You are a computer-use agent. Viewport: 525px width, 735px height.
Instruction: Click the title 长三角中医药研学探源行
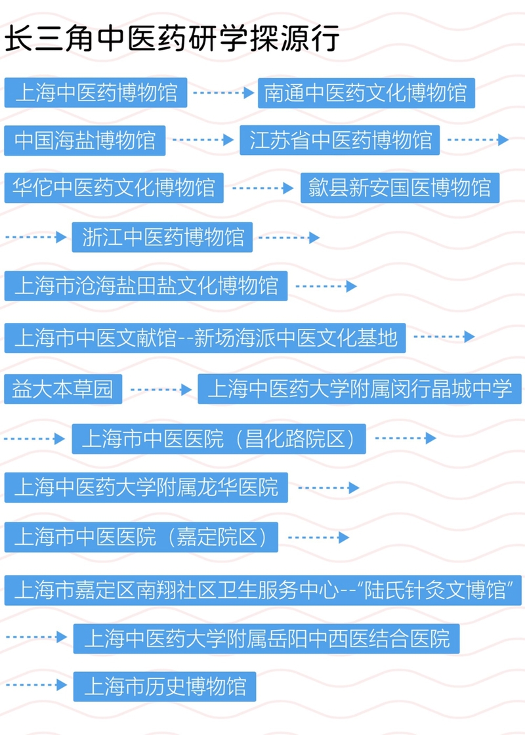172,39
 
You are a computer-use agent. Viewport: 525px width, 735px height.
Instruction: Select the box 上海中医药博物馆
96,93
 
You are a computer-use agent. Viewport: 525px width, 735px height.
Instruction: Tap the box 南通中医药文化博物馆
366,93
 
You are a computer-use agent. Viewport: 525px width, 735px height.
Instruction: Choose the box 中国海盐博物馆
85,140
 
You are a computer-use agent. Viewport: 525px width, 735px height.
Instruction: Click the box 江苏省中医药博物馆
340,140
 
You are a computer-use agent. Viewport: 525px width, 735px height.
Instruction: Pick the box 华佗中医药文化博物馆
114,188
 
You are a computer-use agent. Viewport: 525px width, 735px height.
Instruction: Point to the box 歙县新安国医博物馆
400,188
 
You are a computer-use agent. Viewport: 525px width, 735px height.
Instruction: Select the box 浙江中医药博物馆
163,237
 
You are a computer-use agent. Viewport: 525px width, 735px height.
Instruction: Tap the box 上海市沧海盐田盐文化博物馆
146,286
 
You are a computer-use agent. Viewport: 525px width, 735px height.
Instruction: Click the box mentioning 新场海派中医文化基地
205,337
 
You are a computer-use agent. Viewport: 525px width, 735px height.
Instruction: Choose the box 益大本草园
63,389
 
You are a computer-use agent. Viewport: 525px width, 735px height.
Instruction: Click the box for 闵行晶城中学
360,389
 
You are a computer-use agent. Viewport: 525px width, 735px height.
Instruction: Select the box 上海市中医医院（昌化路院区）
219,438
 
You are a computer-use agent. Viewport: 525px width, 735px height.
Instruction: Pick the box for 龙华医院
146,488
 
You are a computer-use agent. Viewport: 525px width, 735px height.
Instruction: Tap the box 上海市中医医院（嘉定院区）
141,537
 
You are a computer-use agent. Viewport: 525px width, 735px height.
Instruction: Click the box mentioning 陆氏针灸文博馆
263,589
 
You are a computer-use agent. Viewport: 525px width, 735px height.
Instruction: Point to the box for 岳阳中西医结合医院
266,638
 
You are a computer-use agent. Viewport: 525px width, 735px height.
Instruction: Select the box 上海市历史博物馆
164,686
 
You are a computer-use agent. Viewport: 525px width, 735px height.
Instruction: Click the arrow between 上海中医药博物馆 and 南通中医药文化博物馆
223,93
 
